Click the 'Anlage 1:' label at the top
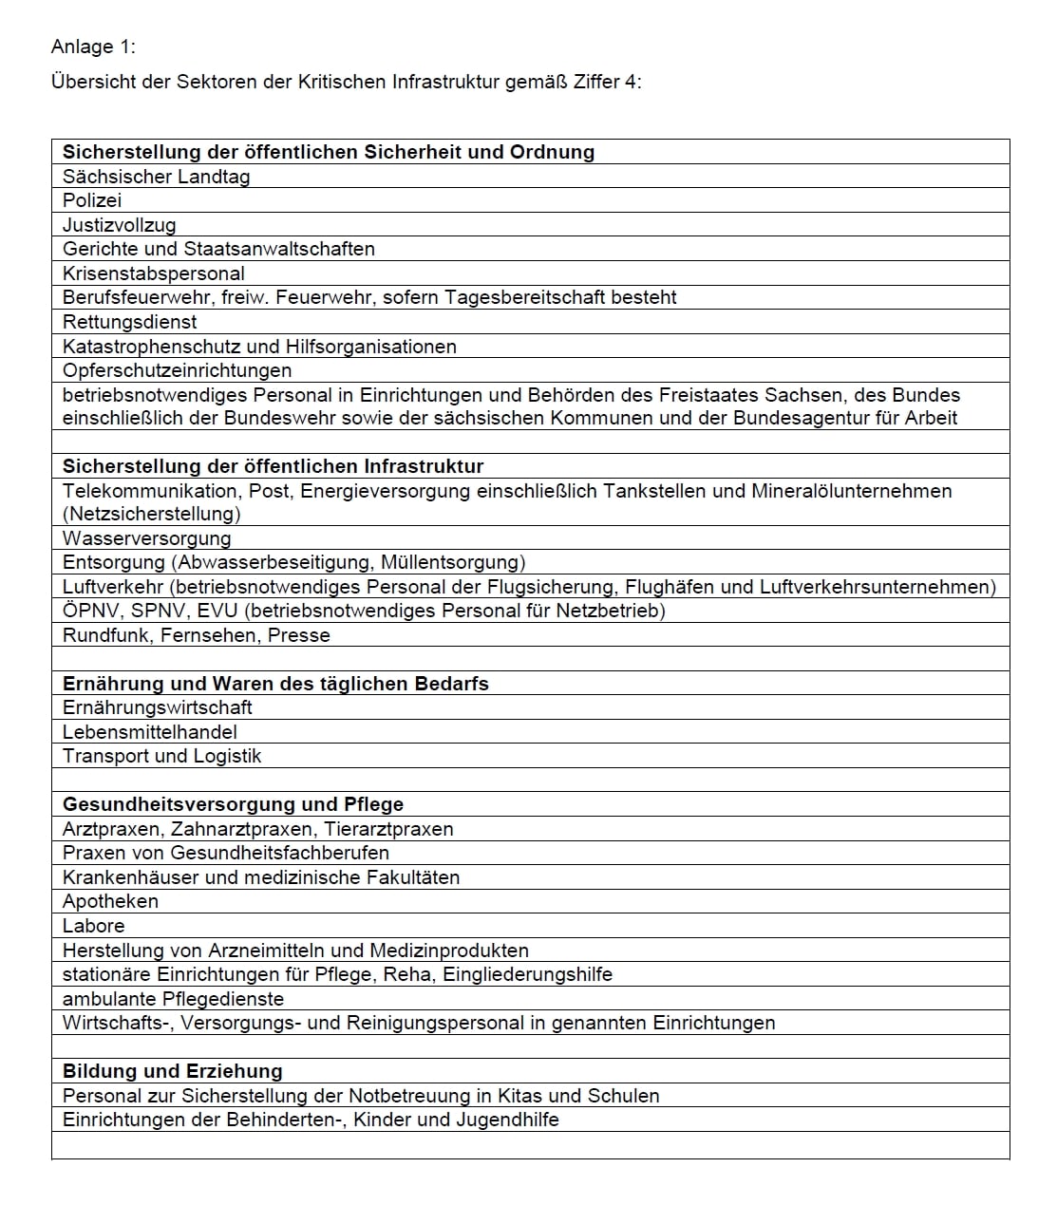[x=93, y=47]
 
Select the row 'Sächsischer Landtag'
[x=156, y=177]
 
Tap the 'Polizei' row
[x=92, y=200]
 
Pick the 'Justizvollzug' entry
[x=119, y=225]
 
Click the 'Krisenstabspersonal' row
[x=153, y=273]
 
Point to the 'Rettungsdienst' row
[x=129, y=322]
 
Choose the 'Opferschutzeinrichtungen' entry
[x=177, y=370]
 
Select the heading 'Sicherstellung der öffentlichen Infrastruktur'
[x=273, y=466]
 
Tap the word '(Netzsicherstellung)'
[x=152, y=514]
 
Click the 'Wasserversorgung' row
[x=146, y=538]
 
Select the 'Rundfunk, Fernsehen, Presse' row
[x=196, y=635]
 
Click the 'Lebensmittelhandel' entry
[x=149, y=732]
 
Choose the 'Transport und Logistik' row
[x=161, y=756]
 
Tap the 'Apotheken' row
[x=110, y=901]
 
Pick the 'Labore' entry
[x=93, y=926]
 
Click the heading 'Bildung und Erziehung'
[x=172, y=1071]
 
